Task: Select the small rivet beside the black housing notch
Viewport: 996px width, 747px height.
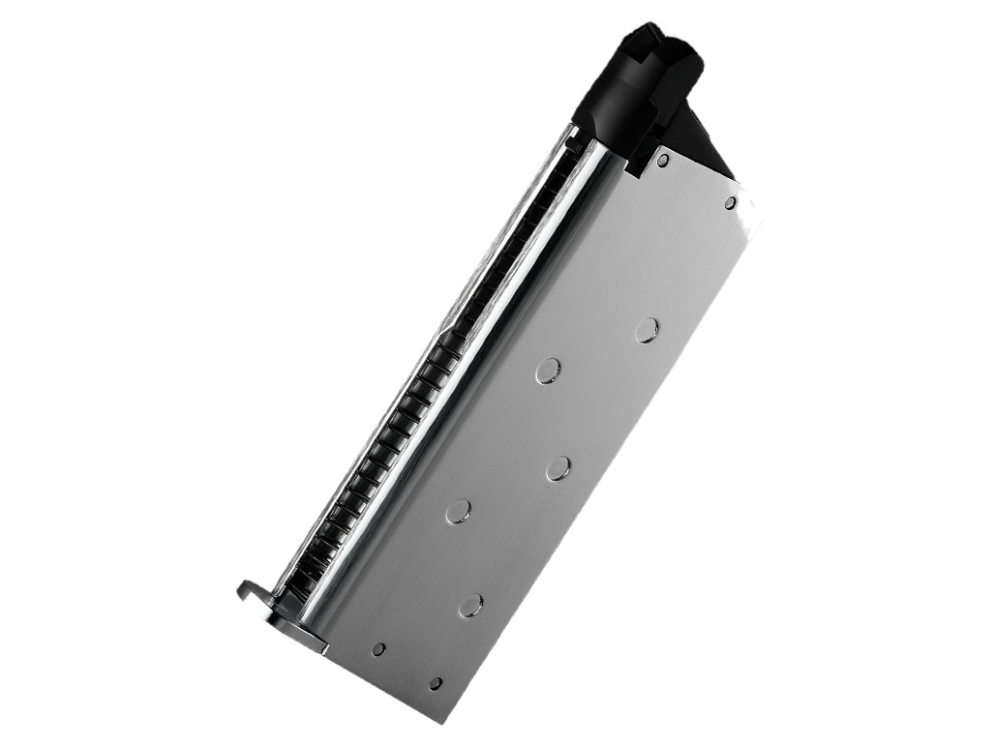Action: click(x=662, y=161)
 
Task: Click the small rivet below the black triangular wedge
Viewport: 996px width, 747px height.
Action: click(x=730, y=203)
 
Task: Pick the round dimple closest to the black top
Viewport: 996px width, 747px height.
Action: click(x=647, y=331)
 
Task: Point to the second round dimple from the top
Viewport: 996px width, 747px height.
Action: click(x=548, y=371)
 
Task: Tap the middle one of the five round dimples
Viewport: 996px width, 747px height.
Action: click(x=558, y=469)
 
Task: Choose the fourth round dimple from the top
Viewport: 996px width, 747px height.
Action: click(x=459, y=512)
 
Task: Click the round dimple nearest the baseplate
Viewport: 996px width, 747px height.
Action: click(x=470, y=606)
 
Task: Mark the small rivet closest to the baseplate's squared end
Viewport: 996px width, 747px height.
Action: click(x=378, y=649)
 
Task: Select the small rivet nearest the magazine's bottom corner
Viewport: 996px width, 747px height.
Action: click(x=436, y=684)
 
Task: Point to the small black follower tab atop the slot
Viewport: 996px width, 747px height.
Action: click(x=573, y=143)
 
